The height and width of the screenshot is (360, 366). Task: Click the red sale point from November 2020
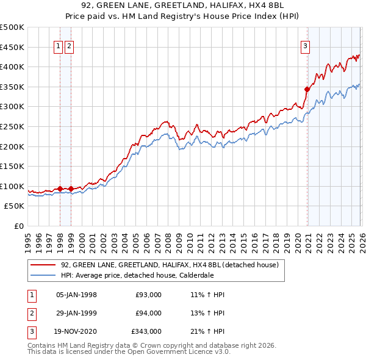tap(307, 89)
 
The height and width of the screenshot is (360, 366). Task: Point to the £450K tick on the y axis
tap(12, 47)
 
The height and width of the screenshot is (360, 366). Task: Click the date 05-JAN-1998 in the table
tap(76, 295)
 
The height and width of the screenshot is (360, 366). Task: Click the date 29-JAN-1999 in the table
tap(76, 313)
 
